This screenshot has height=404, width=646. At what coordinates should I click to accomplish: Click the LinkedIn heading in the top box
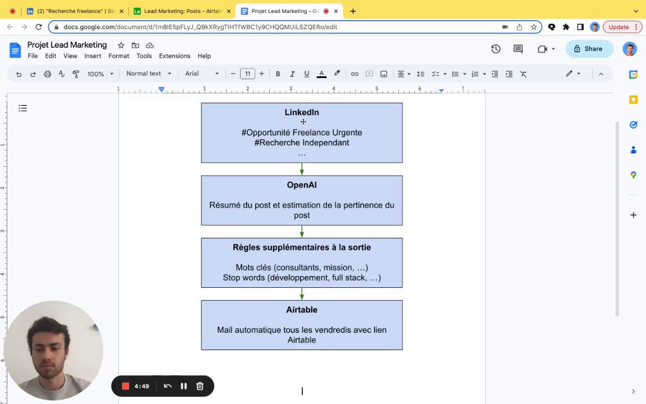(x=302, y=112)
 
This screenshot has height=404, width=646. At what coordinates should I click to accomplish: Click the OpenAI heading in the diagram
(x=302, y=185)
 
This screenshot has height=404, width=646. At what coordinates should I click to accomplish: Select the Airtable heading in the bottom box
(x=302, y=310)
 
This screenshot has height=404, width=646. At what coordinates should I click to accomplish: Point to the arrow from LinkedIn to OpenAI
(x=302, y=169)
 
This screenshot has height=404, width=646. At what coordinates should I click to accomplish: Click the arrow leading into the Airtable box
(x=302, y=294)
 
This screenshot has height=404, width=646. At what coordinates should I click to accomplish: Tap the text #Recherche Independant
(x=302, y=143)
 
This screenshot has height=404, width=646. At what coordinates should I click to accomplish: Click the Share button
(x=588, y=49)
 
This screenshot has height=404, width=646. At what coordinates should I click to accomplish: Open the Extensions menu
(x=174, y=56)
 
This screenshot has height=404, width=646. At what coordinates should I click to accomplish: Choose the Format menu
(x=119, y=56)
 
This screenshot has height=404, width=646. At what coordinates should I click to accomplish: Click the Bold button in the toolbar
(x=278, y=74)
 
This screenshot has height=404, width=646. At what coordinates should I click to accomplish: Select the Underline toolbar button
(x=306, y=74)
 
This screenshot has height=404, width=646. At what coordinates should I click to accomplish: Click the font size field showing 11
(x=247, y=74)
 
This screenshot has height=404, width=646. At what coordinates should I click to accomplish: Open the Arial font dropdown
(x=202, y=74)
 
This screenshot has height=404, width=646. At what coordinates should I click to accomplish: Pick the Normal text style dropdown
(x=149, y=74)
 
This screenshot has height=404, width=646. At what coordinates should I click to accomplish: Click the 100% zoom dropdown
(x=100, y=74)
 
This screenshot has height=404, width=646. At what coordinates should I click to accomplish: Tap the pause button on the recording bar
(x=183, y=386)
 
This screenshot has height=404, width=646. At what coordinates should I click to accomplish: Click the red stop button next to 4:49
(x=126, y=386)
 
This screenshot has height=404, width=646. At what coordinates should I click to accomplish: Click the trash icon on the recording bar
(x=200, y=386)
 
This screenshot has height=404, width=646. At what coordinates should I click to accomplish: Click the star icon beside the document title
(x=121, y=45)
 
